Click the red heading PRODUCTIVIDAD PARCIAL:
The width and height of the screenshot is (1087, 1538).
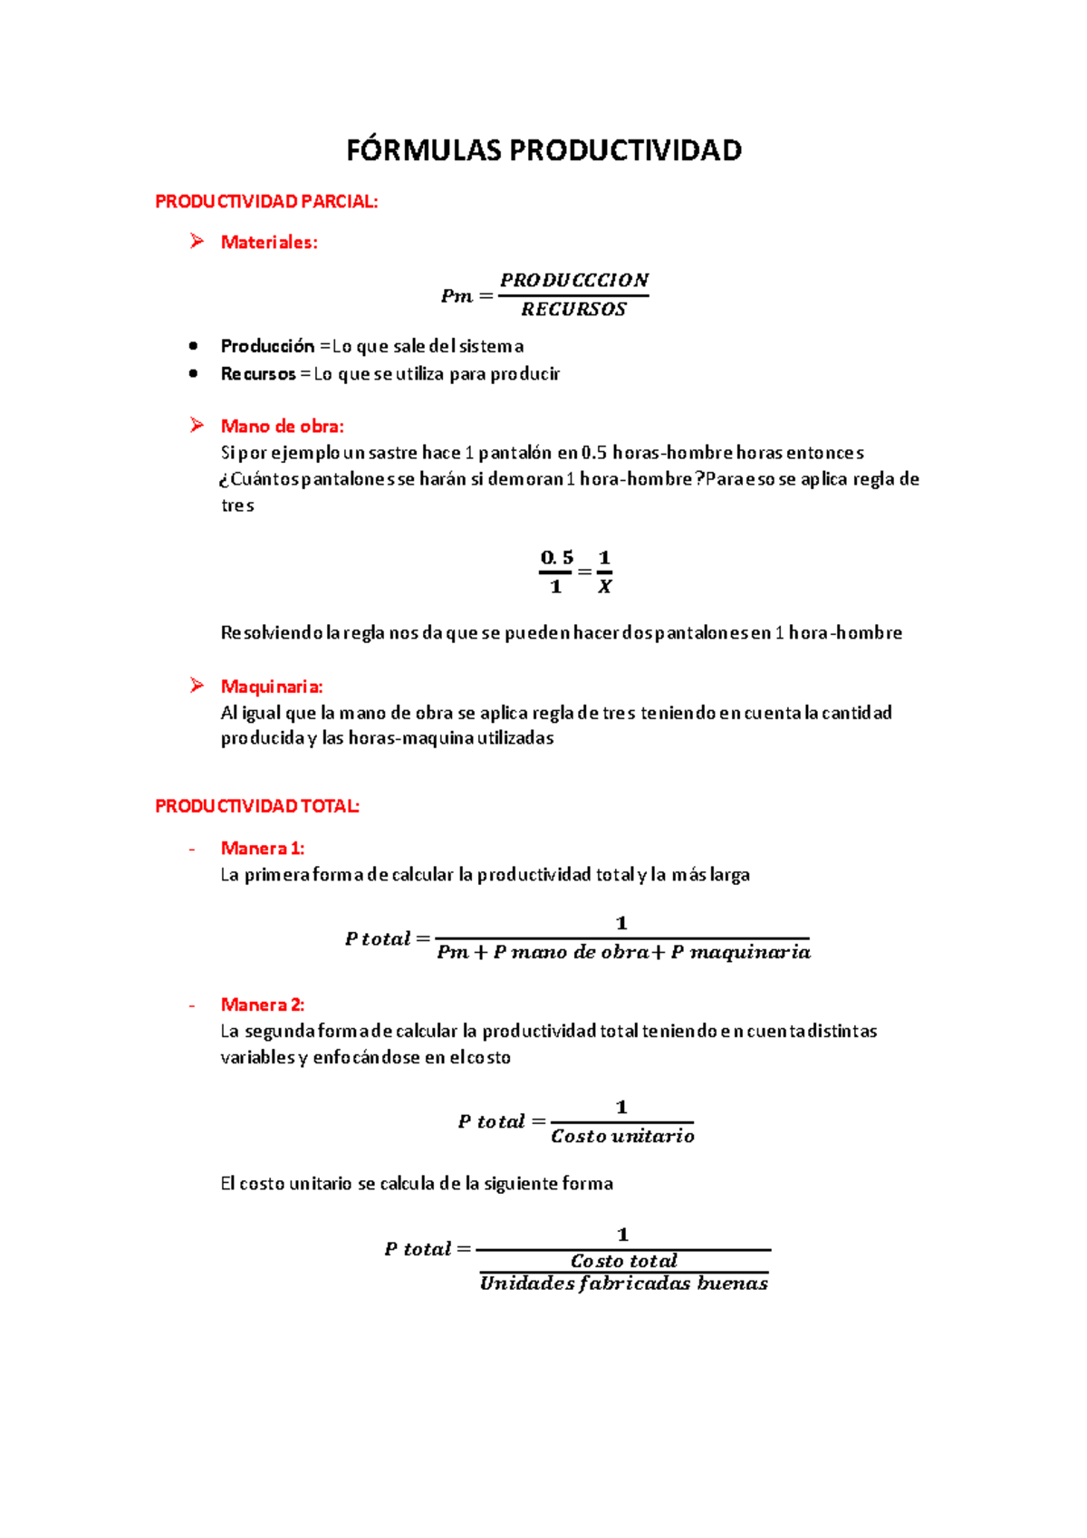(266, 202)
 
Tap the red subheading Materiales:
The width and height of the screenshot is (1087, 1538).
(269, 242)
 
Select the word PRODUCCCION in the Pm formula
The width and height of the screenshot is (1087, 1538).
(574, 280)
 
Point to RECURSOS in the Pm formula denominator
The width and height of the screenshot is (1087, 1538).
(573, 310)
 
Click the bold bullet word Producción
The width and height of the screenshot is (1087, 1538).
(267, 346)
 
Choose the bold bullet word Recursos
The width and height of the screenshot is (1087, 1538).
(258, 374)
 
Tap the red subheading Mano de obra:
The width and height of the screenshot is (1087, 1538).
(282, 426)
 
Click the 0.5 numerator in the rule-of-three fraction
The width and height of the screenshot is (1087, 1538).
(556, 558)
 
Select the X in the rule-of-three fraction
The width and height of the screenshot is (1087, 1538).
(605, 587)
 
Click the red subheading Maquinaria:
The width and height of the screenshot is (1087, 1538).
(272, 687)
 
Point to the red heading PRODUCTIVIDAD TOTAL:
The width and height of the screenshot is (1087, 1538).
(257, 806)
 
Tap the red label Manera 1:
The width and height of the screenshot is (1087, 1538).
(262, 849)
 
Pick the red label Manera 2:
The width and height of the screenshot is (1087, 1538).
(262, 1005)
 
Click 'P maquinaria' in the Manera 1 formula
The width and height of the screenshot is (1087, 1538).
(740, 952)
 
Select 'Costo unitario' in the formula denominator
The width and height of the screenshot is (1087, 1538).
(622, 1136)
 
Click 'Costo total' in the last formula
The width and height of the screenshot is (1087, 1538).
(623, 1261)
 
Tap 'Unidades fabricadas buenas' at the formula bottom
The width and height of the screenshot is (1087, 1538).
(623, 1283)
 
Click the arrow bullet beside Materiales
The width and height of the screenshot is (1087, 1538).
(197, 241)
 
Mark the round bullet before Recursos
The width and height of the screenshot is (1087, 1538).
(193, 373)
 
